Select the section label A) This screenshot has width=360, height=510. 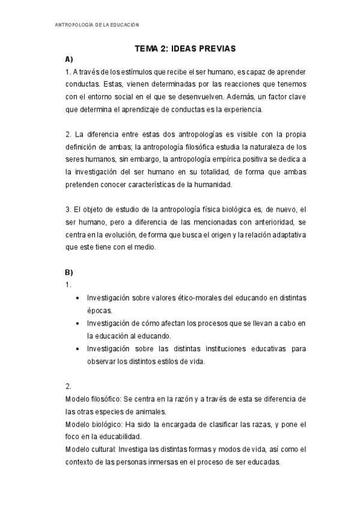tap(69, 60)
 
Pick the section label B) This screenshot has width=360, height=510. tap(69, 271)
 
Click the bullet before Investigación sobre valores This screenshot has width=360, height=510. tap(79, 298)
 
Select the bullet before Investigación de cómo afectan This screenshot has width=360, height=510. tap(79, 324)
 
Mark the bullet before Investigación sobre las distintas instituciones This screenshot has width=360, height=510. tap(79, 349)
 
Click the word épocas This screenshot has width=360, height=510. tap(99, 310)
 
